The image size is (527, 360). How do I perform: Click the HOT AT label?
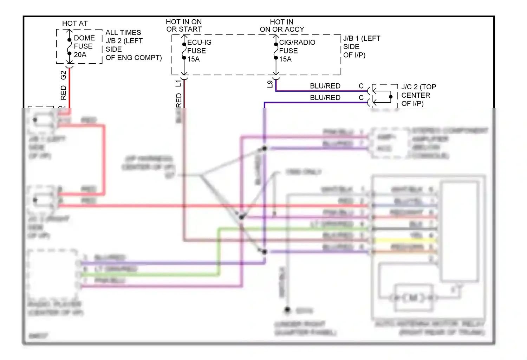(75, 23)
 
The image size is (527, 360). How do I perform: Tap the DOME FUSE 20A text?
(84, 46)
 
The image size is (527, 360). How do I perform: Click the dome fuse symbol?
(70, 46)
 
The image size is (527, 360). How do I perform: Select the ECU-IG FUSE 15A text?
(199, 51)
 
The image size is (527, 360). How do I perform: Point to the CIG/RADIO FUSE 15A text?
(297, 51)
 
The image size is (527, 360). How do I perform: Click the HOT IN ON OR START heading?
(184, 25)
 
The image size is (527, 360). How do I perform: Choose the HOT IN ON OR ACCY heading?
(282, 25)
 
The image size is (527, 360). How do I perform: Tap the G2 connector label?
(63, 75)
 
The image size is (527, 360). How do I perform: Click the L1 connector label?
(178, 83)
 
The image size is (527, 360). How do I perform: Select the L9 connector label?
(270, 84)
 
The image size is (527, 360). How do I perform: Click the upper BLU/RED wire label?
(325, 86)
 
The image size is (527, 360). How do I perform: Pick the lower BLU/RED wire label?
(325, 97)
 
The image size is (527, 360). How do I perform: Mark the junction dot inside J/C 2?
(391, 97)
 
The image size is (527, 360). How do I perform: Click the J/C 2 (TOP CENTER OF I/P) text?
(418, 95)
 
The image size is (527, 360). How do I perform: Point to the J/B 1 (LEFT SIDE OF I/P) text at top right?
(361, 46)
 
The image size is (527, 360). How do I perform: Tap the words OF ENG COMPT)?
(134, 58)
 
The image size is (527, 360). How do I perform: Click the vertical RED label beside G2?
(63, 92)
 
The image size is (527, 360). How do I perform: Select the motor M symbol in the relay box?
(413, 298)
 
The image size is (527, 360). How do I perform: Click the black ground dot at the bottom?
(287, 310)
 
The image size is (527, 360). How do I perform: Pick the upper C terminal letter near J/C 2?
(361, 86)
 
